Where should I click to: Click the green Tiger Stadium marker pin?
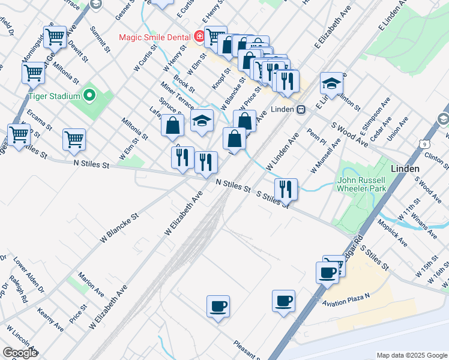[x=89, y=95]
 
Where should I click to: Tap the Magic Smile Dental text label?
[x=154, y=37]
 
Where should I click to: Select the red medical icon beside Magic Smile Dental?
[x=199, y=37]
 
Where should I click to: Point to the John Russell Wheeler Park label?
[x=364, y=184]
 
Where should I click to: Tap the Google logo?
[x=20, y=353]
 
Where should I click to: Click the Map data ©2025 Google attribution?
[x=412, y=355]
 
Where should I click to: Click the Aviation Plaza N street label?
[x=355, y=296]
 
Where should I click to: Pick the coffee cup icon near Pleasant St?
[x=218, y=307]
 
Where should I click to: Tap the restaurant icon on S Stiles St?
[x=286, y=190]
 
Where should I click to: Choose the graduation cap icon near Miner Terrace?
[x=202, y=121]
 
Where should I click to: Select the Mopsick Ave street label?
[x=393, y=233]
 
